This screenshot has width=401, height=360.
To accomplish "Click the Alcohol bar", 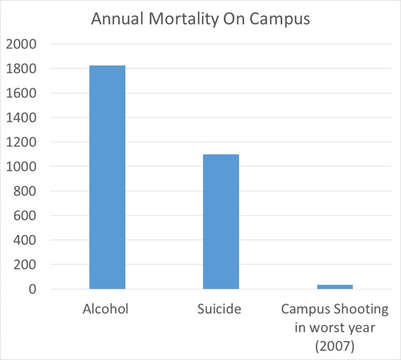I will (x=107, y=177).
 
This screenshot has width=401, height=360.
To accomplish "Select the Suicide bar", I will (x=221, y=222).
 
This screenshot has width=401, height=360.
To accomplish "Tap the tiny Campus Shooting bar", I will (x=334, y=287).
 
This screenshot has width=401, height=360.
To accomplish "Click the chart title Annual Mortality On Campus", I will (x=200, y=18).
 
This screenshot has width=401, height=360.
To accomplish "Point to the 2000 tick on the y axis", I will (x=21, y=44).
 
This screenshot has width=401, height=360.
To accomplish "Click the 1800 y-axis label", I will (x=21, y=69).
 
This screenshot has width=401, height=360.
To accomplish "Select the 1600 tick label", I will (x=21, y=93).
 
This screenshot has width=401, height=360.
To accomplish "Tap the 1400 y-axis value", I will (x=21, y=117).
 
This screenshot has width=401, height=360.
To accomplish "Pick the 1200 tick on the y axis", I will (x=21, y=142).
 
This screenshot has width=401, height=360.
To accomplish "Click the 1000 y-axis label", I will (x=21, y=166).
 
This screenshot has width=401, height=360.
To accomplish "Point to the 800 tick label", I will (x=25, y=191).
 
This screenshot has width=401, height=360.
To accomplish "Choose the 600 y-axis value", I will (x=25, y=216).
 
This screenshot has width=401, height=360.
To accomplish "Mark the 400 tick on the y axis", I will (x=25, y=240).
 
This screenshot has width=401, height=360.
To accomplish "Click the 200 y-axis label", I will (x=25, y=265).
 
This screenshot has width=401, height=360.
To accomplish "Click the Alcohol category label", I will (x=105, y=309).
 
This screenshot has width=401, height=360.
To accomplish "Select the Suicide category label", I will (x=220, y=309).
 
